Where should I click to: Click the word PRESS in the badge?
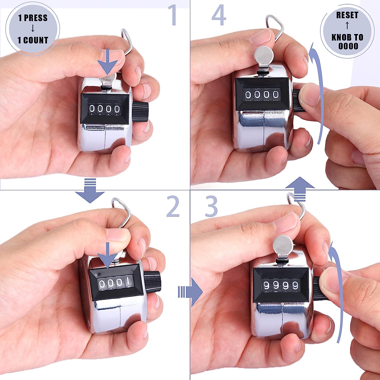pos(36,18)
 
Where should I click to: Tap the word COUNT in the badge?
pos(36,40)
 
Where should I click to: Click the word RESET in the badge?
pos(347,15)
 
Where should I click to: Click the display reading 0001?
pos(116,282)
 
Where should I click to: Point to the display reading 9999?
pos(281,285)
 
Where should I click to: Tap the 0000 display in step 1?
pos(104,109)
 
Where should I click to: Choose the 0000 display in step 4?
pos(262,95)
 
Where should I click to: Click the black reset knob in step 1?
pos(140,112)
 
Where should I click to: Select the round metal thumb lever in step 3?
pos(283,245)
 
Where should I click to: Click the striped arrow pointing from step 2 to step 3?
pos(190,292)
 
